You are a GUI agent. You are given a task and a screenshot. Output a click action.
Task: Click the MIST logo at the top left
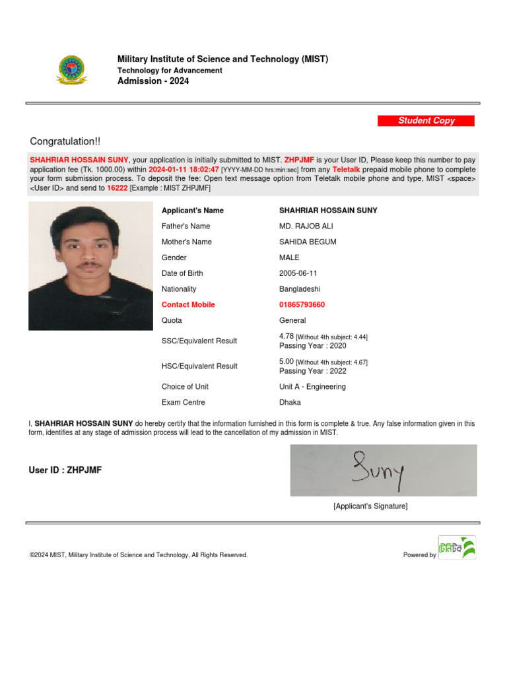(x=71, y=70)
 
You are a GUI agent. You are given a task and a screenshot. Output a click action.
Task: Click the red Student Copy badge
(x=426, y=121)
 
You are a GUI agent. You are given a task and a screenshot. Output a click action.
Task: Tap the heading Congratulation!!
(x=65, y=142)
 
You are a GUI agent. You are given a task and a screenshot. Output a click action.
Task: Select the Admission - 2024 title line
(x=153, y=81)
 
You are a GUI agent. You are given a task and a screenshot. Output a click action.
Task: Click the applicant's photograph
(x=90, y=266)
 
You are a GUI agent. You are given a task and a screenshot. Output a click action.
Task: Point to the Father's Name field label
(x=186, y=226)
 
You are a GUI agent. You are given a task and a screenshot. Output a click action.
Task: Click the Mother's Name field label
(x=187, y=242)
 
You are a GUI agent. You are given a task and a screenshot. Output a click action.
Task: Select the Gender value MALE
(x=289, y=257)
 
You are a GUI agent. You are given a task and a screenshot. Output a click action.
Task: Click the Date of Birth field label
(x=182, y=273)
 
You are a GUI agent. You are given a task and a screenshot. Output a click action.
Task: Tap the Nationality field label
(x=179, y=289)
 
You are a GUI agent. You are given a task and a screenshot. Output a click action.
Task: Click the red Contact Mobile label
(x=188, y=305)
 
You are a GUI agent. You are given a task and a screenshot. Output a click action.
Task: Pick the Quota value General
(x=292, y=321)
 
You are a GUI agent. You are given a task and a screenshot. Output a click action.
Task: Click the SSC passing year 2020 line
(x=313, y=346)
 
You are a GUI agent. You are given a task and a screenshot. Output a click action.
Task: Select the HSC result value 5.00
(x=287, y=362)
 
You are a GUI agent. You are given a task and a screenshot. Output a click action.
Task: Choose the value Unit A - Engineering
(x=312, y=387)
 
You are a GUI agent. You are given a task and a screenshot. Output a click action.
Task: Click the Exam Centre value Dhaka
(x=290, y=403)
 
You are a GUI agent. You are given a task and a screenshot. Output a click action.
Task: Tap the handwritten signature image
(x=384, y=470)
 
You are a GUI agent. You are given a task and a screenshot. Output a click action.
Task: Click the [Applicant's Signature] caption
(x=370, y=506)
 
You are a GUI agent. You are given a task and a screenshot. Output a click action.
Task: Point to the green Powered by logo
(x=457, y=547)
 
